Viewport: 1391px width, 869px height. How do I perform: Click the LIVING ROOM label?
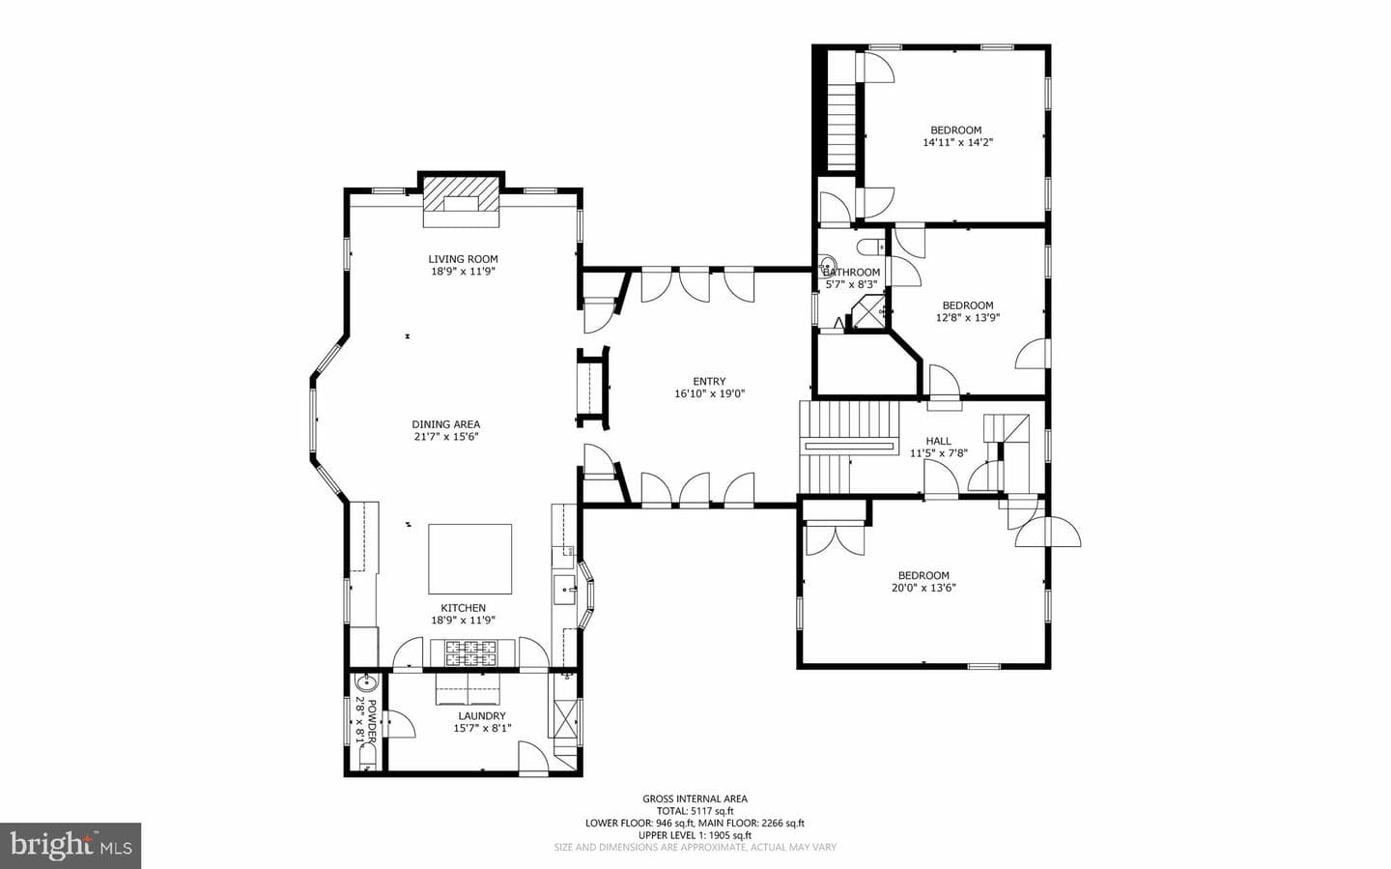click(463, 259)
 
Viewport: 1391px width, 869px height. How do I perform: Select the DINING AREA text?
click(446, 424)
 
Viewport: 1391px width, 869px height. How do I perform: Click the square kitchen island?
click(470, 559)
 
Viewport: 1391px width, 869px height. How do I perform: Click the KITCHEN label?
click(464, 608)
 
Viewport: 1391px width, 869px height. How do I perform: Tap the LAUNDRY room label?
click(482, 716)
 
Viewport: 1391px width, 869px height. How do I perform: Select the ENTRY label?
click(709, 381)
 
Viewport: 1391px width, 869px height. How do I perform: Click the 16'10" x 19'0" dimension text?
click(709, 393)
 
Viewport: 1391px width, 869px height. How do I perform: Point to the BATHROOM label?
click(851, 273)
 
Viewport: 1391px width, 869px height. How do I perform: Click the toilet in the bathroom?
click(870, 247)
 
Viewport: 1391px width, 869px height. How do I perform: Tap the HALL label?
click(938, 441)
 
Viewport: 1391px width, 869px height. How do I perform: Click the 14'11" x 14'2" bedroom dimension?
click(957, 142)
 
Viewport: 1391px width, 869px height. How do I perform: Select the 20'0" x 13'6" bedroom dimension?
click(923, 588)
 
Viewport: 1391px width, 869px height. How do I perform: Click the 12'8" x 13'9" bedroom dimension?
click(968, 318)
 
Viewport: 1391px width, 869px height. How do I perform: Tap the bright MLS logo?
click(71, 846)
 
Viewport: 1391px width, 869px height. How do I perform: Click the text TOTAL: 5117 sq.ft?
click(695, 811)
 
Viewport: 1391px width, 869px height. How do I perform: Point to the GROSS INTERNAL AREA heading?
click(695, 799)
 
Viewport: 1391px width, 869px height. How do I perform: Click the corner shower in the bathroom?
click(866, 313)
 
